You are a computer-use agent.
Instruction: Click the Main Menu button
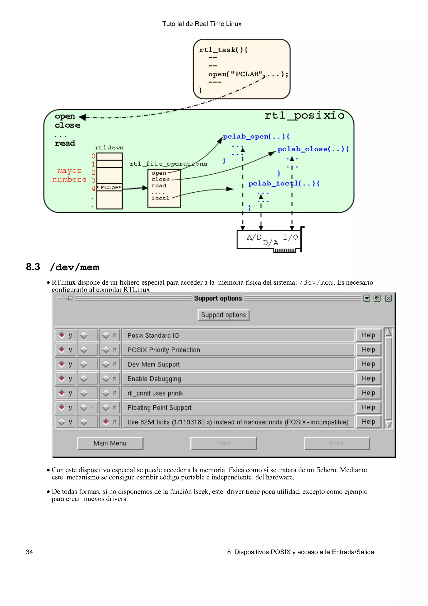coord(110,443)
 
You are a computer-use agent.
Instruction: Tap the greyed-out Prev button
coord(336,443)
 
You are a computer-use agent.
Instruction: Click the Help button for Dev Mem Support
coord(368,364)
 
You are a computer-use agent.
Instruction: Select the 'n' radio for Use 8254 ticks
coord(106,422)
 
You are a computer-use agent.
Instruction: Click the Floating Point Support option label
coord(159,408)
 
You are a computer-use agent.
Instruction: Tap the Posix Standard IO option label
coord(153,335)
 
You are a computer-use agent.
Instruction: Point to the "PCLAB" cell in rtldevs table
coord(110,188)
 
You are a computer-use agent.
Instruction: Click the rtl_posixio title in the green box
coord(304,116)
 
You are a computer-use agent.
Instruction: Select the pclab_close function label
coord(313,149)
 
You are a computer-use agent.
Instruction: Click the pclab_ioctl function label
coord(284,183)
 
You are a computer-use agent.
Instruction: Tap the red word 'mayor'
coord(69,171)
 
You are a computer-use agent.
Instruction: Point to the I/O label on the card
coord(290,237)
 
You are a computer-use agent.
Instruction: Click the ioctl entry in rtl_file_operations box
coord(160,198)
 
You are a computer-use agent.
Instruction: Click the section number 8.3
coord(33,267)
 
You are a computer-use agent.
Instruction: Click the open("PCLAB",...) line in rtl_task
coord(248,74)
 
